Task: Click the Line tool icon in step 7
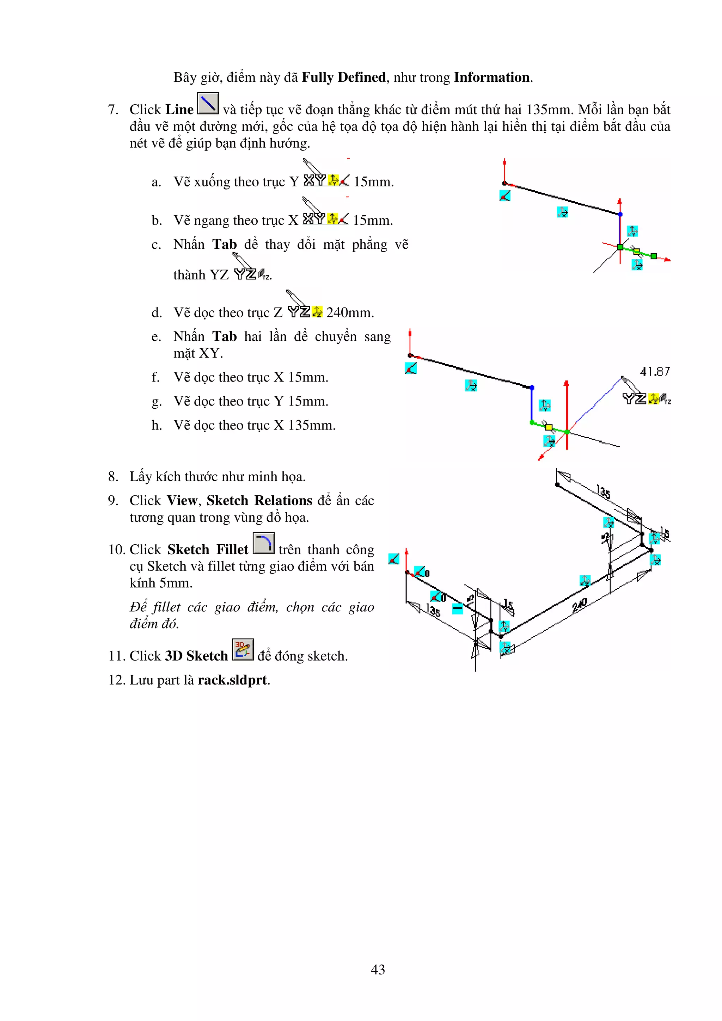[208, 104]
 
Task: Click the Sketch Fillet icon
[263, 543]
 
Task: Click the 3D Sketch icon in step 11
[243, 650]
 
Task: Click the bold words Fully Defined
[343, 78]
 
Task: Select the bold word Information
[491, 78]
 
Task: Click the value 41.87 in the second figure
[654, 372]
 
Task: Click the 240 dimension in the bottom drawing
[580, 605]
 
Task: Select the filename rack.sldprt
[233, 680]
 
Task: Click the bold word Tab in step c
[224, 245]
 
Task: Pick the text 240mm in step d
[350, 313]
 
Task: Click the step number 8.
[113, 477]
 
